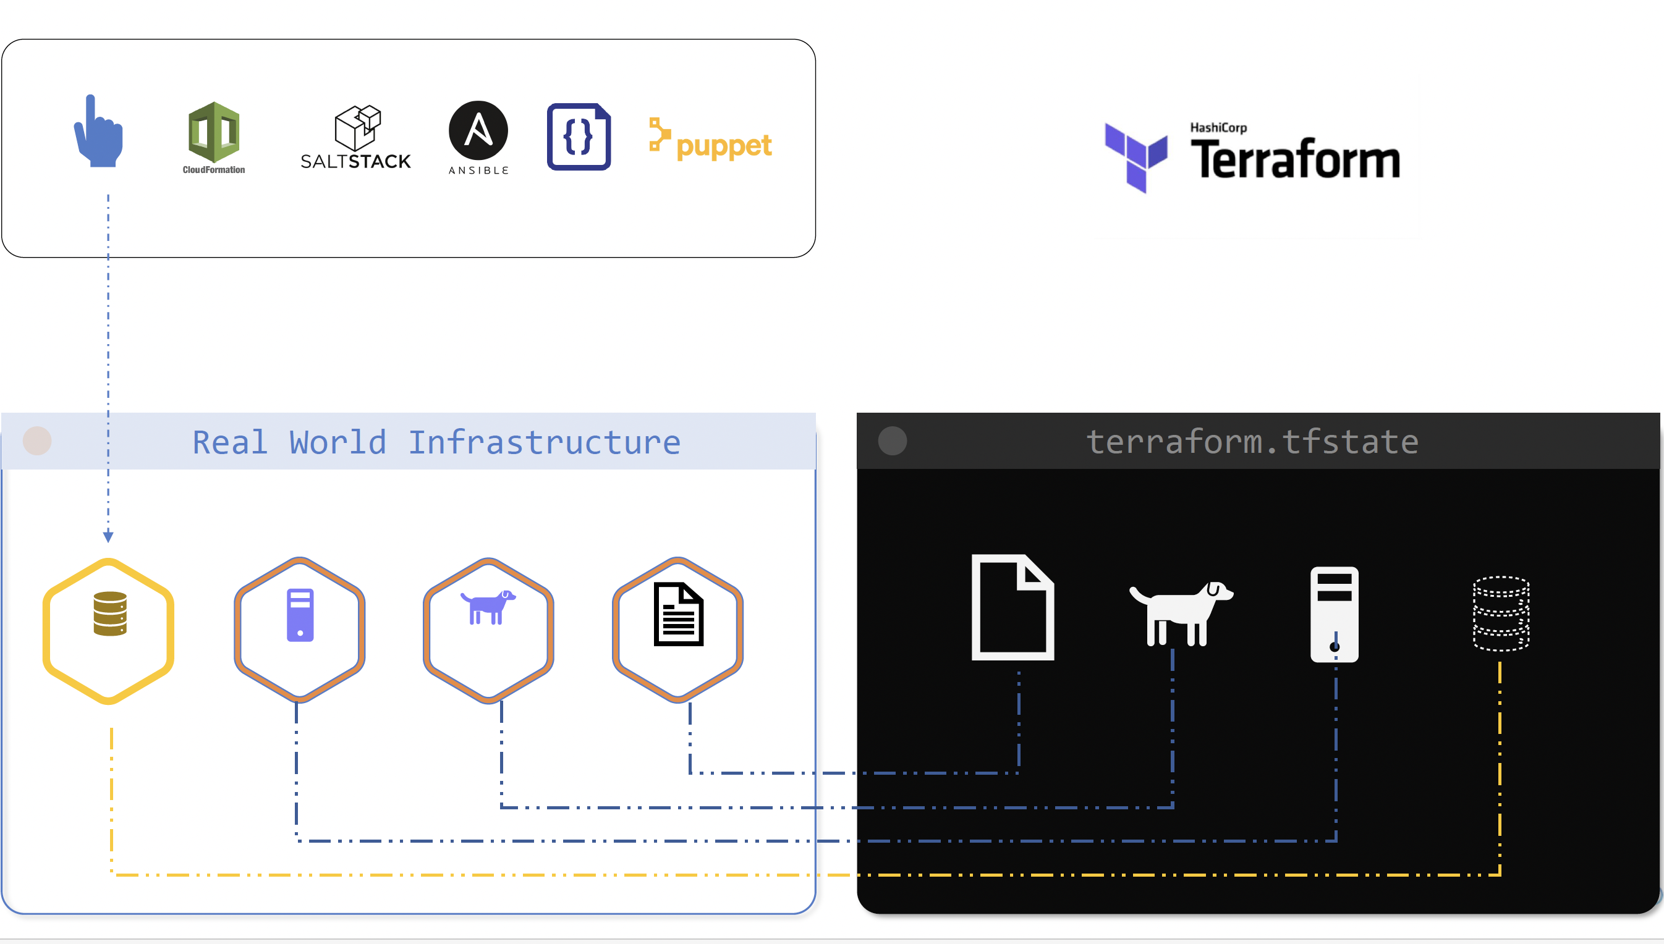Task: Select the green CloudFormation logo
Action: pos(214,132)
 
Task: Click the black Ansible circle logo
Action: pos(478,130)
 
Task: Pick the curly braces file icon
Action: pos(579,137)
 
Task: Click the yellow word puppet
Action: pos(724,146)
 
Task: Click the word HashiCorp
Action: pos(1218,128)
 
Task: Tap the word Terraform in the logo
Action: pos(1295,159)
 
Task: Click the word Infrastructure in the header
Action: pos(544,443)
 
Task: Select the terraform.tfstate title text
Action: pos(1252,442)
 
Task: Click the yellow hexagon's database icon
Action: pos(109,613)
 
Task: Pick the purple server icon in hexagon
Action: pos(300,615)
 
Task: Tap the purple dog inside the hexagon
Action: pos(488,607)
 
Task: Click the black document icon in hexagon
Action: pos(678,614)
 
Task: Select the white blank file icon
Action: pos(1012,607)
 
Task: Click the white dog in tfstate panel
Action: pos(1180,613)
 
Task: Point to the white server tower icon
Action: pos(1334,614)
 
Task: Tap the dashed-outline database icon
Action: pos(1501,613)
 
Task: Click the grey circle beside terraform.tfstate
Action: pos(893,441)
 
